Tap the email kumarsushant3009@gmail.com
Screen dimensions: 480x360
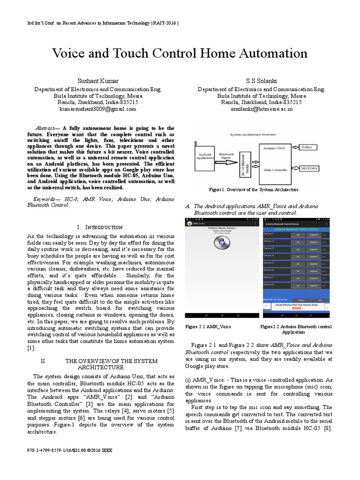point(97,108)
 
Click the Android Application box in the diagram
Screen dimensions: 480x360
point(205,157)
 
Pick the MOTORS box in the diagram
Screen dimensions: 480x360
point(309,168)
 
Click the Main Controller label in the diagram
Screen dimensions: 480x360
point(274,170)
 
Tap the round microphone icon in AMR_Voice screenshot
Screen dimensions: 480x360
point(221,243)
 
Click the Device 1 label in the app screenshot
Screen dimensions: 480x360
point(269,233)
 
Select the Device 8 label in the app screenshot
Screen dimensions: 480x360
point(269,284)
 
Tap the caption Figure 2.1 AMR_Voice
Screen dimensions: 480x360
point(208,326)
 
